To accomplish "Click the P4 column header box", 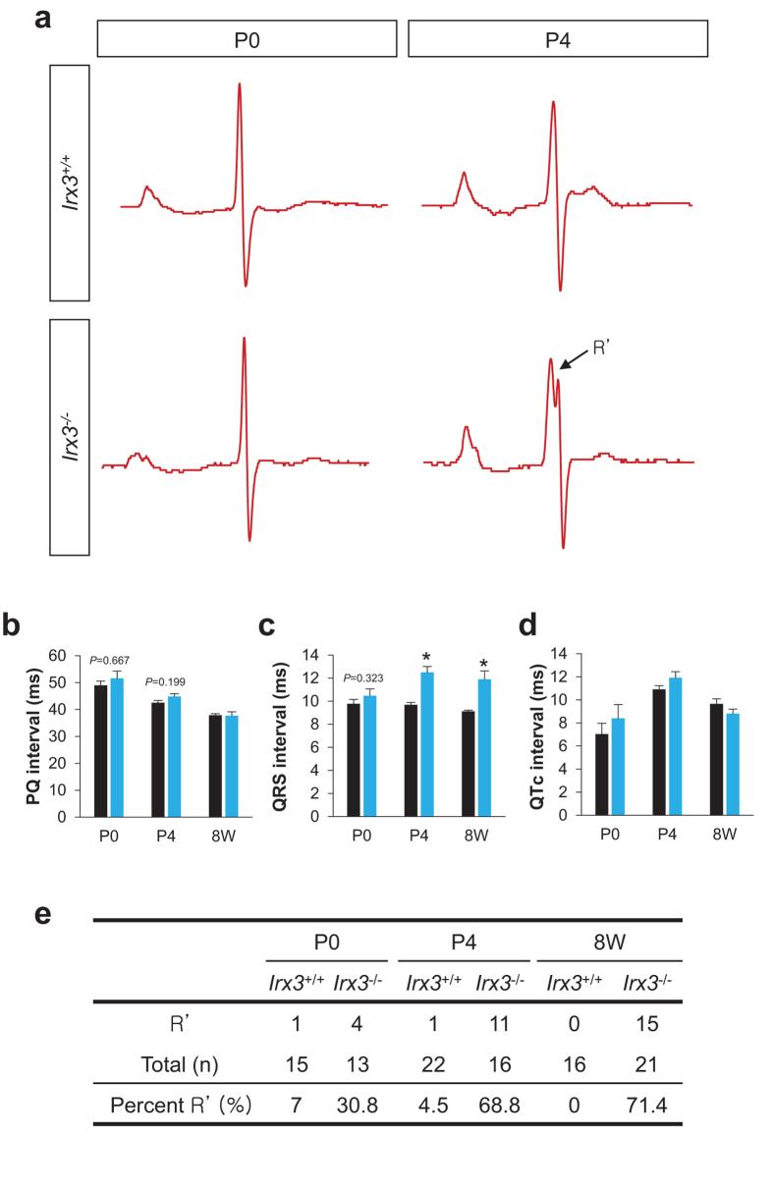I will (x=557, y=40).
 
